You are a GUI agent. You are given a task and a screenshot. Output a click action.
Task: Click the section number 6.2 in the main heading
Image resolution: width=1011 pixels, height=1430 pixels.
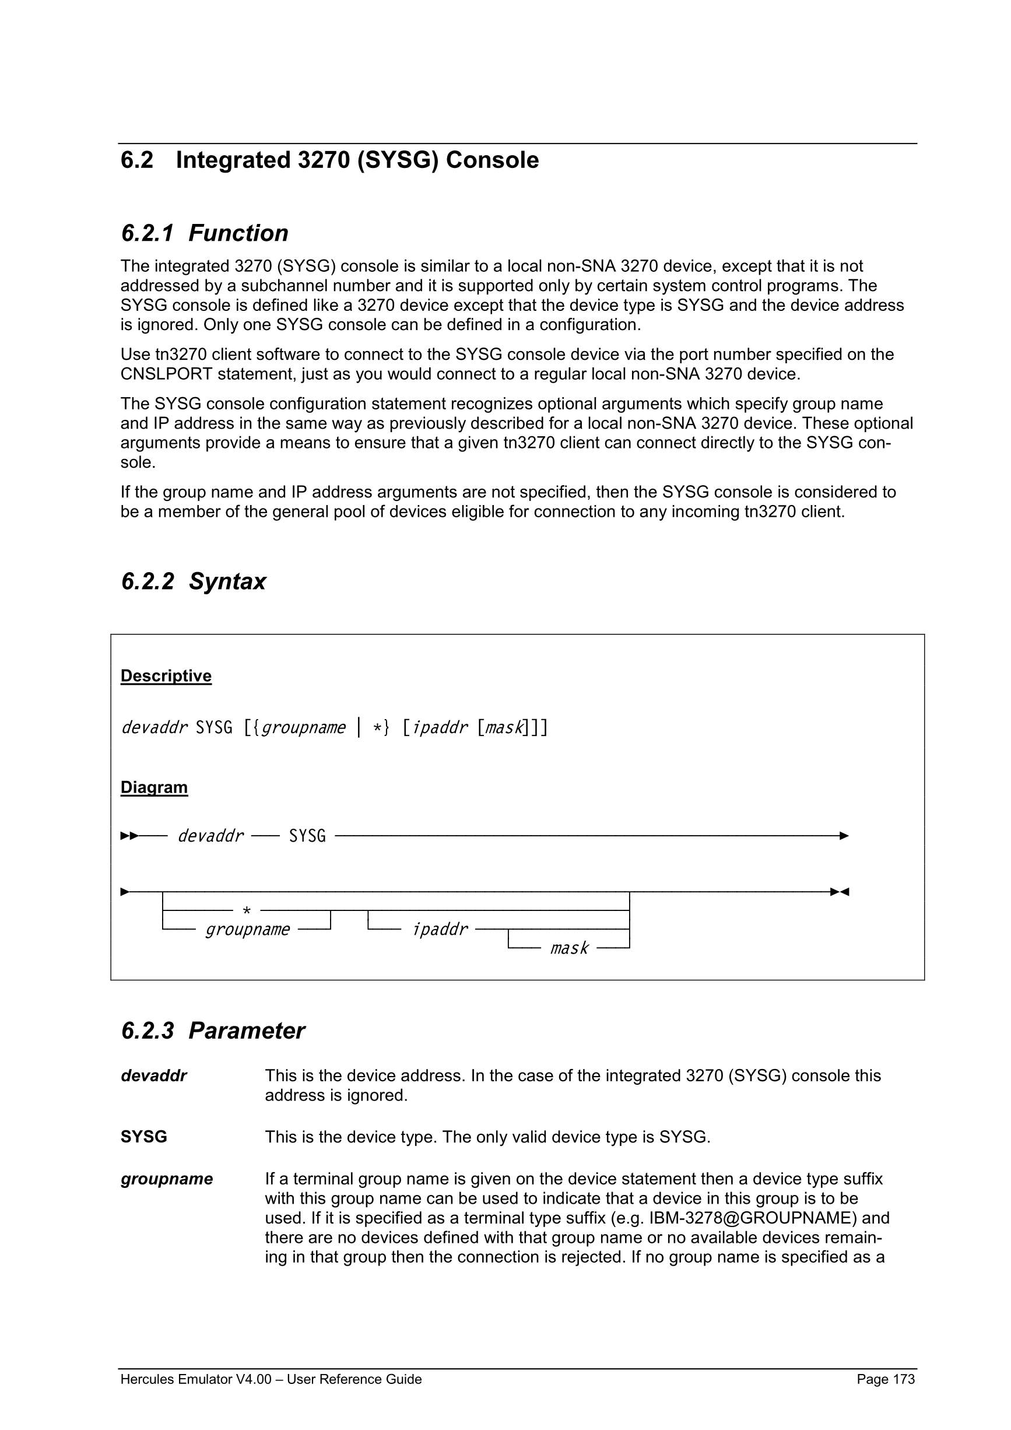point(137,160)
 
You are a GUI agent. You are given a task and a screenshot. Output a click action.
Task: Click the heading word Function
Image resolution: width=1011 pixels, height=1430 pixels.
point(238,233)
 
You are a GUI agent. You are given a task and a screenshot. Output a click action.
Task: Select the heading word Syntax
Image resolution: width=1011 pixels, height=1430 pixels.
point(227,581)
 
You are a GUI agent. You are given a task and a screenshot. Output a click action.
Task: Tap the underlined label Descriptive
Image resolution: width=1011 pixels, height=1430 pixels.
point(166,676)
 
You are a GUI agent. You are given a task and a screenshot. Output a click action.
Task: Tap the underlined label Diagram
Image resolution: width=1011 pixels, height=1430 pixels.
point(154,787)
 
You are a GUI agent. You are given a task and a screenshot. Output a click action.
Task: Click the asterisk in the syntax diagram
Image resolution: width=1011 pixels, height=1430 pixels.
point(247,911)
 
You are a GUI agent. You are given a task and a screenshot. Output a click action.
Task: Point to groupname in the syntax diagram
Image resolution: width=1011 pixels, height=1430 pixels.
point(247,930)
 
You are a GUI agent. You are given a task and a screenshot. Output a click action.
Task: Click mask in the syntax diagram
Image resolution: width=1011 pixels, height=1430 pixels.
point(568,948)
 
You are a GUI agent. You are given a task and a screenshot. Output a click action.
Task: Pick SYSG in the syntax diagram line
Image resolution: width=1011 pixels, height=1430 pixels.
point(307,836)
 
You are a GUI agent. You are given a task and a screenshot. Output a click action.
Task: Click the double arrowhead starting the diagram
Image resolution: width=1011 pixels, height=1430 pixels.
point(129,836)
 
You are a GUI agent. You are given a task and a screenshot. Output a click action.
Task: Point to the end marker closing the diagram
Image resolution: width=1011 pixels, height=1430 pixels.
point(840,892)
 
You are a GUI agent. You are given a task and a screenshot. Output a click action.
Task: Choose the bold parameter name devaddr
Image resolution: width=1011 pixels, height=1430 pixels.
point(154,1075)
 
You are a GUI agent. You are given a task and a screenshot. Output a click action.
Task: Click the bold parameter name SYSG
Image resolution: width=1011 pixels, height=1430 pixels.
point(144,1137)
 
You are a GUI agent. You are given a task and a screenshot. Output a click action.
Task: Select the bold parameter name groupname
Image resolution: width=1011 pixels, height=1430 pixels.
point(167,1179)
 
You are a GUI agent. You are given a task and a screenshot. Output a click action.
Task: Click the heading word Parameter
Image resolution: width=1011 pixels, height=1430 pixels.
point(246,1031)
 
